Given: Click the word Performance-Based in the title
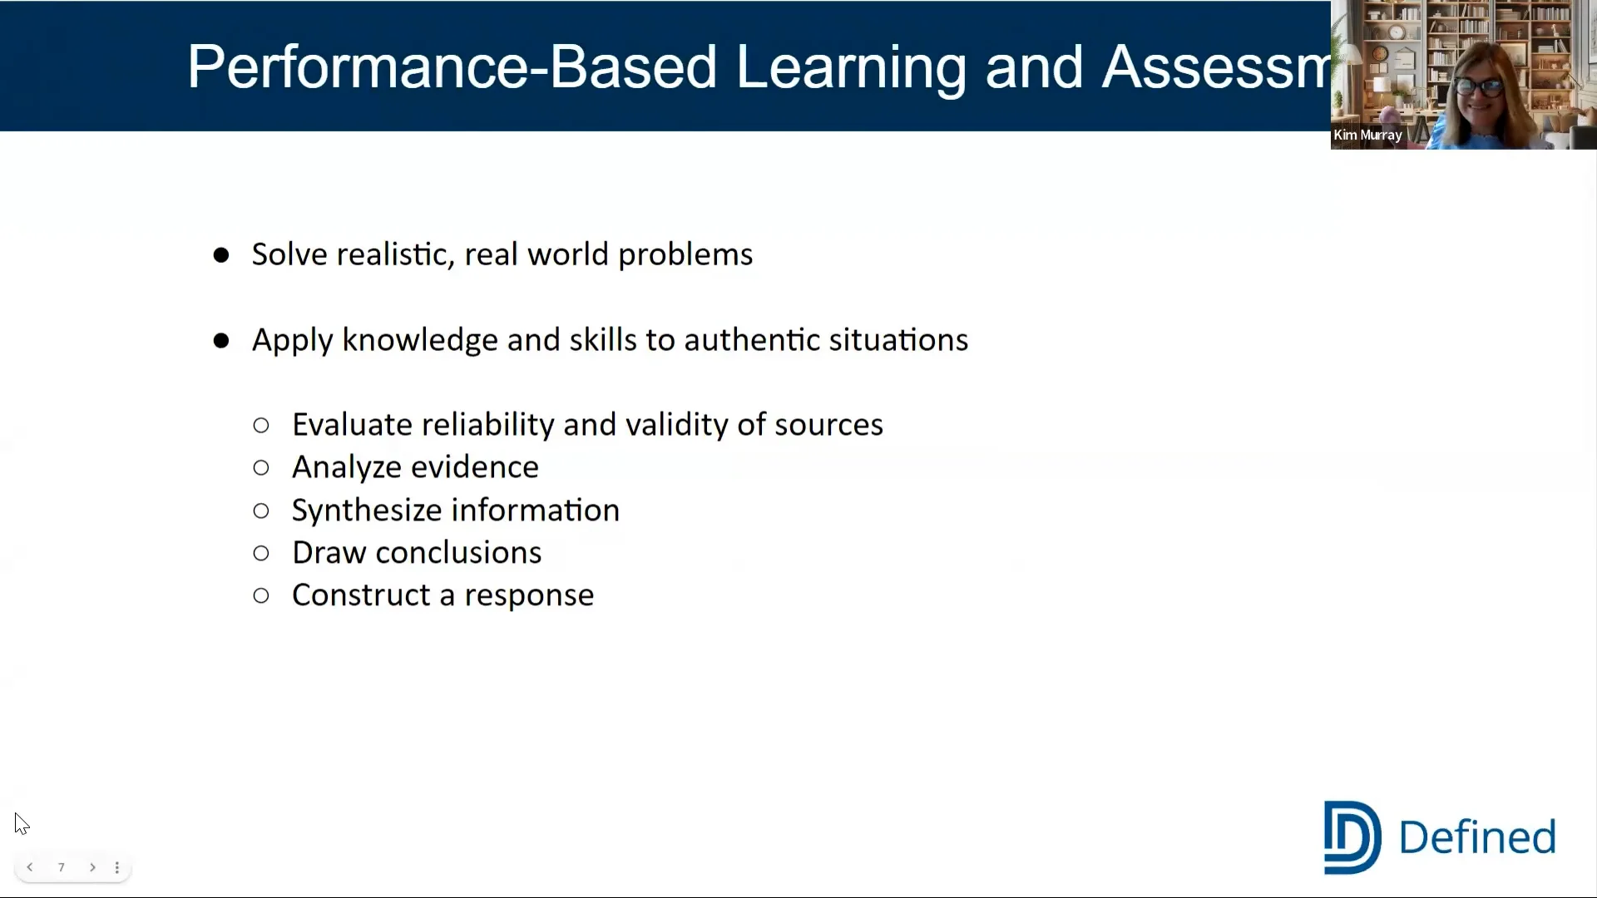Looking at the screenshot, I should coord(451,67).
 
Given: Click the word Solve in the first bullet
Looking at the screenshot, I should coord(289,254).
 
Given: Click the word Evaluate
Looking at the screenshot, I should coord(352,425).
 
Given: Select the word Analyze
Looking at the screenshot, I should coord(340,467).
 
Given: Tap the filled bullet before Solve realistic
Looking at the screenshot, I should coord(221,255).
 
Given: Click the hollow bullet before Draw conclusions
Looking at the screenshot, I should coord(261,554).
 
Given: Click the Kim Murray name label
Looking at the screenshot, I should coord(1367,136).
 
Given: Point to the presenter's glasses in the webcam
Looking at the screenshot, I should coord(1478,86).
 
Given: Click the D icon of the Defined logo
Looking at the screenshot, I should coord(1352,837).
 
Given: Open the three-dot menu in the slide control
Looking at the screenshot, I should coord(117,867).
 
